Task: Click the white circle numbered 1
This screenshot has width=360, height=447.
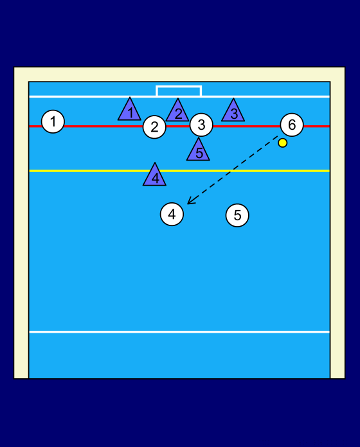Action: (x=53, y=122)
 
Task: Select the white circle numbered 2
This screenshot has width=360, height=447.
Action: (x=154, y=127)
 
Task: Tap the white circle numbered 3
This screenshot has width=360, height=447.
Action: (x=201, y=125)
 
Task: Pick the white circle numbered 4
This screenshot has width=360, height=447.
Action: (x=172, y=214)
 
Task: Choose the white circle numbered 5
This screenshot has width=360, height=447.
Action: (x=237, y=215)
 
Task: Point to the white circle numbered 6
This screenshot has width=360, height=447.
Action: (x=292, y=125)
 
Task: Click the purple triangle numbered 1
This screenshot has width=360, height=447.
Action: (x=129, y=109)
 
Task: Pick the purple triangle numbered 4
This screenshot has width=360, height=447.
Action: (x=155, y=175)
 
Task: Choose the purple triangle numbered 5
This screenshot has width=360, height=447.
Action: (x=198, y=150)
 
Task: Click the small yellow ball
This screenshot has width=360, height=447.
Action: (x=283, y=143)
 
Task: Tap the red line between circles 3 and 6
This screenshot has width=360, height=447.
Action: (x=247, y=126)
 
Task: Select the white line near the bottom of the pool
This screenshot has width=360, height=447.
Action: (x=179, y=332)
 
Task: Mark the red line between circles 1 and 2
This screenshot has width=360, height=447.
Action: (x=104, y=126)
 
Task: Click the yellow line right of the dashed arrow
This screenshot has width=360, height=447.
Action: (x=281, y=171)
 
